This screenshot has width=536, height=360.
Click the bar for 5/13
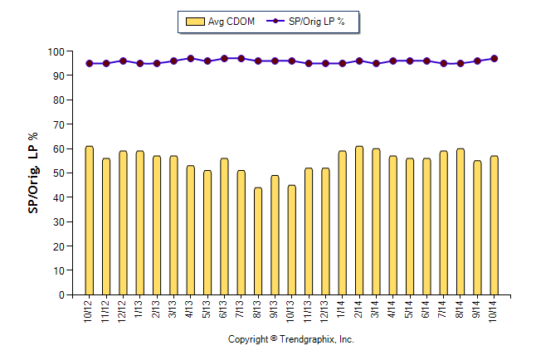[x=207, y=233]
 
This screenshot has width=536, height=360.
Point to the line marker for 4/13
[x=190, y=59]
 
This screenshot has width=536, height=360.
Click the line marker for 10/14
[x=495, y=59]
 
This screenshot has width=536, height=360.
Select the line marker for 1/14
[x=342, y=63]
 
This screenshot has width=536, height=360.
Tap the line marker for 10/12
[x=89, y=63]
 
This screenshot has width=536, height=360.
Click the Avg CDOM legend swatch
[x=196, y=22]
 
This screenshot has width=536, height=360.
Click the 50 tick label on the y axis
[x=59, y=173]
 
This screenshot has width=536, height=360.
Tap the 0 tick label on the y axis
[x=61, y=295]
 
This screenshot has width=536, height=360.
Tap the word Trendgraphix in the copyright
[x=307, y=340]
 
